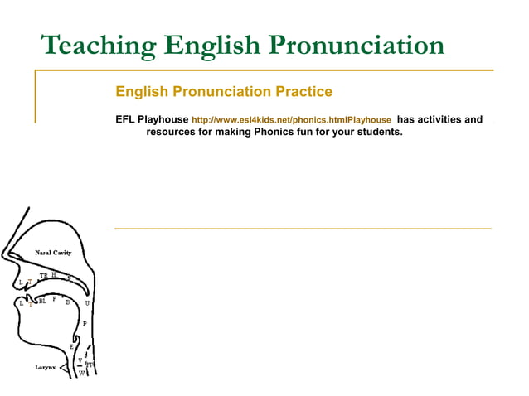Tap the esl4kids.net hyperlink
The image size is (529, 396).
click(291, 120)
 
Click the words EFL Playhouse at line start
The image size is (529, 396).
click(152, 120)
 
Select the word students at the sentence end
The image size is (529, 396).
click(378, 131)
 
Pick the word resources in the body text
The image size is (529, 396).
click(171, 131)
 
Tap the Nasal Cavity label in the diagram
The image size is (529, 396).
click(53, 252)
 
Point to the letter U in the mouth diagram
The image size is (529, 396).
click(87, 302)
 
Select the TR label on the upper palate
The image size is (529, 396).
click(43, 276)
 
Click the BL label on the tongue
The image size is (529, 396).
click(42, 301)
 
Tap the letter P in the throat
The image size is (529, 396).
click(85, 323)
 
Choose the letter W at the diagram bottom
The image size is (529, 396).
click(81, 373)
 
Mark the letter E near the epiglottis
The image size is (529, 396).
click(71, 346)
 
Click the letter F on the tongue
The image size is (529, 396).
click(54, 299)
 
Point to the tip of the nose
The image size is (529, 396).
click(4, 258)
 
